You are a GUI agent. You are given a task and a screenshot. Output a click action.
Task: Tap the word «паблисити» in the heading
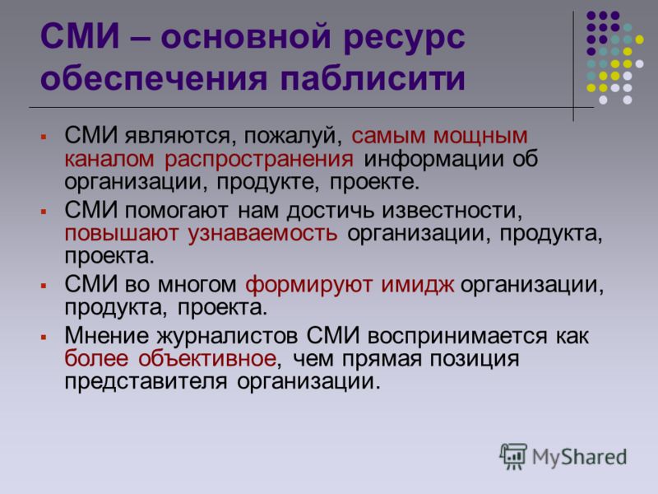[x=373, y=78]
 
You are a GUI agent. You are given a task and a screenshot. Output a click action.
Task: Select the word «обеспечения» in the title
[x=154, y=78]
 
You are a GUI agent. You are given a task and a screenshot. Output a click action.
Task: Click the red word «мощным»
[x=480, y=137]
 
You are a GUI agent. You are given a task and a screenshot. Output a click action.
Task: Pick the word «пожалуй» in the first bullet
[x=293, y=137]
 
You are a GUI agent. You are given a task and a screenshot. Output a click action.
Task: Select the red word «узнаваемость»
[x=262, y=234]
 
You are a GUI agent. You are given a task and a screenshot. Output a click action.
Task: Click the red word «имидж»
[x=417, y=285]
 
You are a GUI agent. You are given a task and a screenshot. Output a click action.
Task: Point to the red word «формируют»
[x=308, y=286]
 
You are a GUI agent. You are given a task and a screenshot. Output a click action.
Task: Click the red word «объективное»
[x=207, y=358]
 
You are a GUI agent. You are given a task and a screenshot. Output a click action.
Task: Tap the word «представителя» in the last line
[x=146, y=382]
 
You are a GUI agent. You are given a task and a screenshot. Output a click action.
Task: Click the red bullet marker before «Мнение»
[x=44, y=337]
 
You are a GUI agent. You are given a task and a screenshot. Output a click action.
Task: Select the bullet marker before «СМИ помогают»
[x=44, y=212]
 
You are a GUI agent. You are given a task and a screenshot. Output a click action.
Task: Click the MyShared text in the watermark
[x=579, y=457]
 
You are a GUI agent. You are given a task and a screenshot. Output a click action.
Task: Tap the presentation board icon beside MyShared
[x=513, y=456]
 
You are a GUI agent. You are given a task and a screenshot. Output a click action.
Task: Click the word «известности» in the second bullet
[x=452, y=211]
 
